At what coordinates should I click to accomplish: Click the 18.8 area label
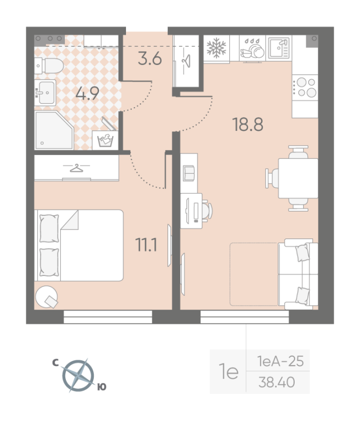(247, 125)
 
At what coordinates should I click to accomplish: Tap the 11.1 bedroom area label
(146, 246)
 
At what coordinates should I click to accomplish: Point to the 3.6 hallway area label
(149, 59)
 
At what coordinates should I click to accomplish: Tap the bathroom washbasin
(46, 93)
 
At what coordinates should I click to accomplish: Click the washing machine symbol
(105, 141)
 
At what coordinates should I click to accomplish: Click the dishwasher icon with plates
(252, 49)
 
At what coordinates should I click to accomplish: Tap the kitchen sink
(278, 47)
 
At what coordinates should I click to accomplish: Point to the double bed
(79, 245)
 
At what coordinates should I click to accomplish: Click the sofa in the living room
(301, 274)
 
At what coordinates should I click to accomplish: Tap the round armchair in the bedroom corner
(48, 297)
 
